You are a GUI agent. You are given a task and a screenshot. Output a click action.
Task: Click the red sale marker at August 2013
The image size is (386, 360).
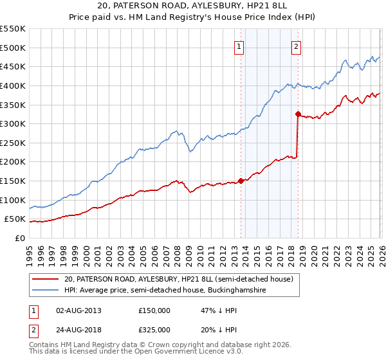pyautogui.click(x=240, y=181)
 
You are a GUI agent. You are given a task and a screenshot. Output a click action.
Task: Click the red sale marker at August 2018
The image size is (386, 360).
pyautogui.click(x=298, y=114)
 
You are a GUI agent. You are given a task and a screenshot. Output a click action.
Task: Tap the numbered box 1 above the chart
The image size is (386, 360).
pyautogui.click(x=239, y=46)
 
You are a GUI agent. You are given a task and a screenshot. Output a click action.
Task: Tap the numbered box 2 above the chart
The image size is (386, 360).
pyautogui.click(x=296, y=46)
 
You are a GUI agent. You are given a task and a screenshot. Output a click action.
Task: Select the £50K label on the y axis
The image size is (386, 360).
pyautogui.click(x=15, y=219)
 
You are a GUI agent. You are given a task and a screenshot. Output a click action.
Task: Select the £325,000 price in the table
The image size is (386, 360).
pyautogui.click(x=154, y=329)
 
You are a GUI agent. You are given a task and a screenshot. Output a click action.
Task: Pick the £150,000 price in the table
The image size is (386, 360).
pyautogui.click(x=154, y=310)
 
